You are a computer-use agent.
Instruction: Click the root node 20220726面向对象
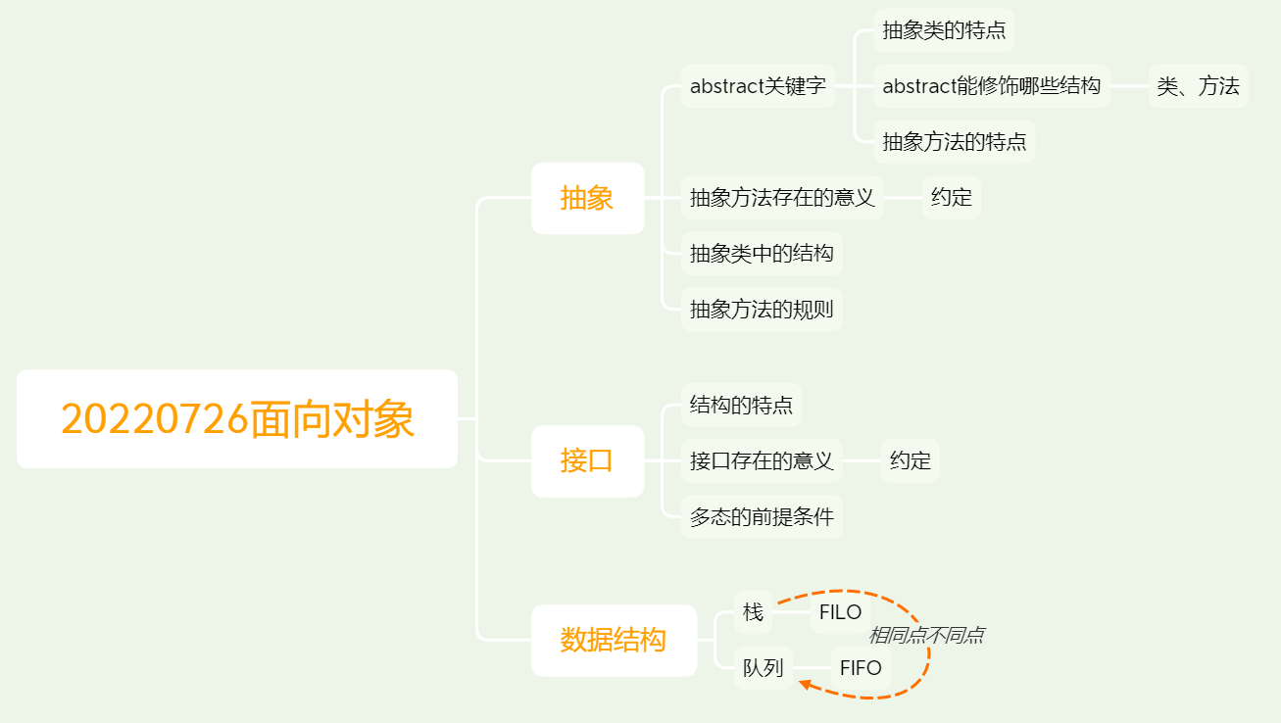pyautogui.click(x=237, y=418)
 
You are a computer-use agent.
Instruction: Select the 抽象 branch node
pyautogui.click(x=587, y=198)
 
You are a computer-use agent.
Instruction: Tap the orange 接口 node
pyautogui.click(x=587, y=460)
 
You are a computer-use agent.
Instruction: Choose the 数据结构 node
pyautogui.click(x=614, y=640)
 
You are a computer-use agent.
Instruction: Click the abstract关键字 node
pyautogui.click(x=758, y=86)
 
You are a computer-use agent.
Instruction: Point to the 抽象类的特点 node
pyautogui.click(x=944, y=30)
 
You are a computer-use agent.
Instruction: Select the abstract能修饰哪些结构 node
pyautogui.click(x=991, y=86)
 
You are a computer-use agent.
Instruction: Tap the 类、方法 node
pyautogui.click(x=1198, y=86)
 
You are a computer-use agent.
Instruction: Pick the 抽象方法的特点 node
pyautogui.click(x=954, y=142)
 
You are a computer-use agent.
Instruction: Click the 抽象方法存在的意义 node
pyautogui.click(x=782, y=198)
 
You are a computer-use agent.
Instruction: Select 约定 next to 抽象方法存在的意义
pyautogui.click(x=951, y=198)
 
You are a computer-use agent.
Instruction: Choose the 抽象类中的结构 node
pyautogui.click(x=762, y=254)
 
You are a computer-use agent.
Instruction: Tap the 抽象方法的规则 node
pyautogui.click(x=762, y=310)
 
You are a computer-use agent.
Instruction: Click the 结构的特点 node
pyautogui.click(x=741, y=405)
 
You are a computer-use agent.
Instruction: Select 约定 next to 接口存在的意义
pyautogui.click(x=910, y=460)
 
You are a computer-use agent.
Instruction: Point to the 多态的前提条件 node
pyautogui.click(x=762, y=516)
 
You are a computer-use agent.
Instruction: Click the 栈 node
pyautogui.click(x=753, y=612)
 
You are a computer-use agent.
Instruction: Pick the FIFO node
pyautogui.click(x=861, y=668)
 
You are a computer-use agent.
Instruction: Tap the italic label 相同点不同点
pyautogui.click(x=925, y=636)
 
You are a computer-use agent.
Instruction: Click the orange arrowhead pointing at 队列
pyautogui.click(x=805, y=683)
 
